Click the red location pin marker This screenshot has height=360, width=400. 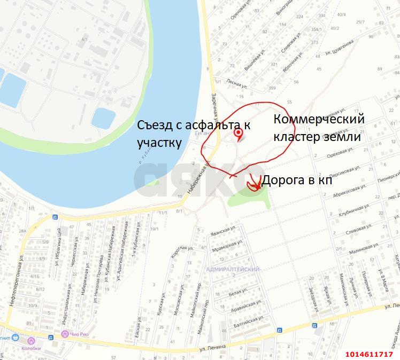[x=239, y=134]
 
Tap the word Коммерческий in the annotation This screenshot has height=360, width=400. [x=319, y=119]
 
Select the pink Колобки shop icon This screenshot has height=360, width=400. [x=32, y=340]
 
